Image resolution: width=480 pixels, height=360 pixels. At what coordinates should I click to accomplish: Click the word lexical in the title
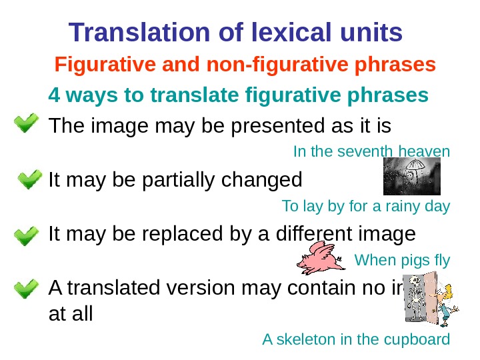tap(280, 31)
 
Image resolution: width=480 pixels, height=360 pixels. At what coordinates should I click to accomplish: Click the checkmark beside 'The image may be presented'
tap(26, 125)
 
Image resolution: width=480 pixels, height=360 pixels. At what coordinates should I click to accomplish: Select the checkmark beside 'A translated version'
tap(26, 289)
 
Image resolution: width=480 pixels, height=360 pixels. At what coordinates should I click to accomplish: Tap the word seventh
tap(365, 152)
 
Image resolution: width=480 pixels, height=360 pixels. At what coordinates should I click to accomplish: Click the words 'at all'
tap(71, 313)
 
